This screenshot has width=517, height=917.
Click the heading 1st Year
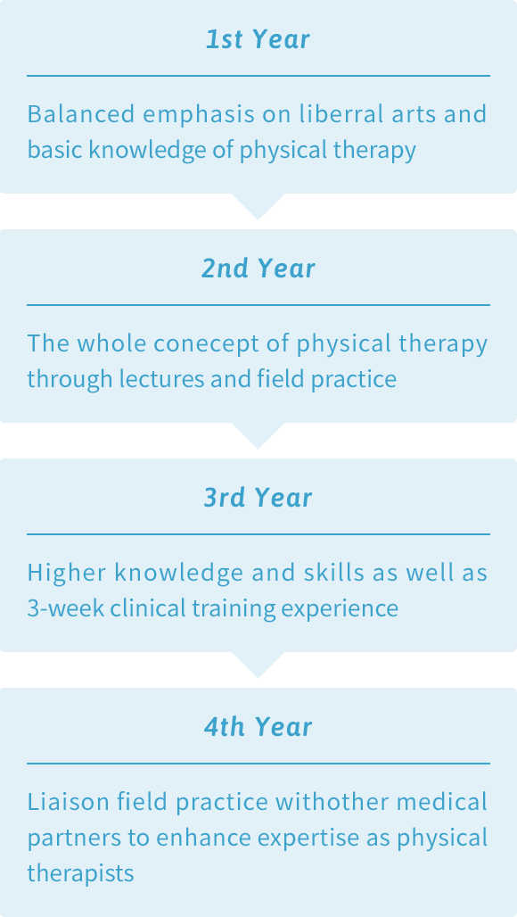pos(258,39)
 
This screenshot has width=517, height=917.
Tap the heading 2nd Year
pos(258,268)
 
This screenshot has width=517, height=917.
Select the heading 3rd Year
pos(258,498)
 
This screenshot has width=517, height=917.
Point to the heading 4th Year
pos(258,727)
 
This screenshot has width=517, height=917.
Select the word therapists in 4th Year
pos(80,873)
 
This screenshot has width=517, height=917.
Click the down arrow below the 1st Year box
pos(258,204)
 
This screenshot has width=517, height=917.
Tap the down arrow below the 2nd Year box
pos(258,434)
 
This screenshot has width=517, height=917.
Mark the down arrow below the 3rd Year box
pos(258,663)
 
